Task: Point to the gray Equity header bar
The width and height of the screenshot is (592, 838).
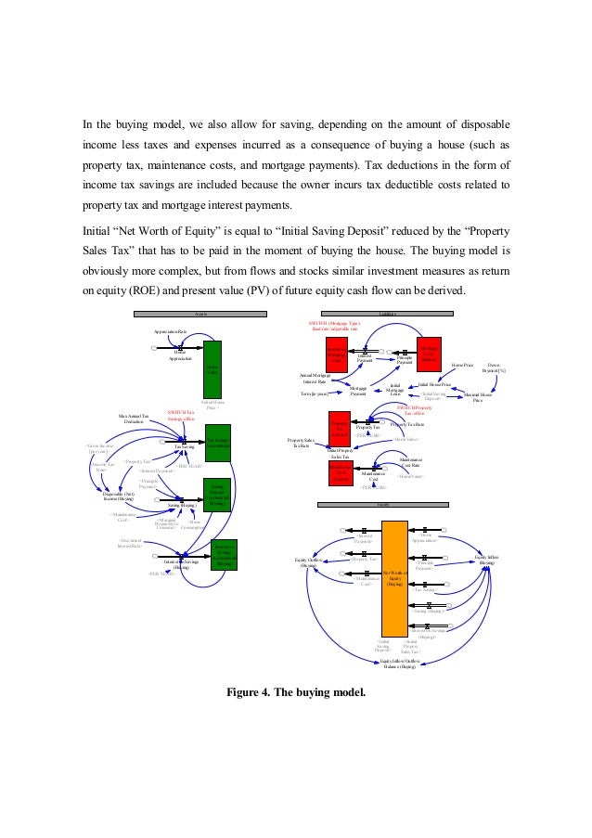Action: point(382,505)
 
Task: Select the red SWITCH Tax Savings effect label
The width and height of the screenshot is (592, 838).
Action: point(181,417)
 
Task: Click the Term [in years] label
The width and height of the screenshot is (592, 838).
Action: point(315,393)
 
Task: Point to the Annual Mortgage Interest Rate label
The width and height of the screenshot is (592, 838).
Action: point(315,378)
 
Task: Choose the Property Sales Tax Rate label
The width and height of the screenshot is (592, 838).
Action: point(302,444)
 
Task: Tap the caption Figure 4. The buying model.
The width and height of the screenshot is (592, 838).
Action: point(296,692)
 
